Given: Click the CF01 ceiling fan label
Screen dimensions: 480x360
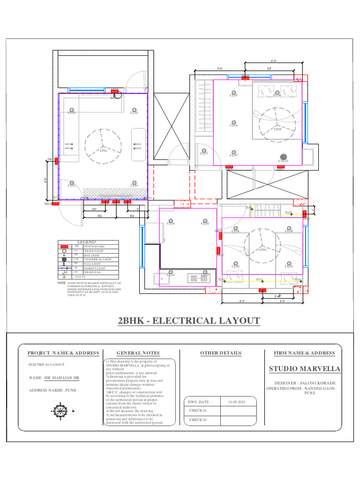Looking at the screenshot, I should pyautogui.click(x=103, y=151).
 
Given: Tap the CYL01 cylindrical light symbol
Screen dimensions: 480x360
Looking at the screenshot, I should pyautogui.click(x=283, y=157).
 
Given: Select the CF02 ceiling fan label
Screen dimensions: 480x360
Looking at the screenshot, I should pyautogui.click(x=278, y=129).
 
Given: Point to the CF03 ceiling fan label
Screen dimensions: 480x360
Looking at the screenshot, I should pyautogui.click(x=263, y=250).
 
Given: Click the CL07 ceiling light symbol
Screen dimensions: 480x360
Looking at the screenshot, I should pyautogui.click(x=204, y=153).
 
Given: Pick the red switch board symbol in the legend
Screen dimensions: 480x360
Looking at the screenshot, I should pyautogui.click(x=64, y=246).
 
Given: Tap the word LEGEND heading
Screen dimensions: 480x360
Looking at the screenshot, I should pyautogui.click(x=86, y=242).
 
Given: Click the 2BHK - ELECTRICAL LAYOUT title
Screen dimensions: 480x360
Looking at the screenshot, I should pyautogui.click(x=188, y=321).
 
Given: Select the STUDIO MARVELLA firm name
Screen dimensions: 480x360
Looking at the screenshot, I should pyautogui.click(x=305, y=369).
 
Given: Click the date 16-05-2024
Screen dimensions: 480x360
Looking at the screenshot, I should pyautogui.click(x=236, y=402).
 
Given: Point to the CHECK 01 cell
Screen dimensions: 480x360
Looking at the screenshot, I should pyautogui.click(x=198, y=411).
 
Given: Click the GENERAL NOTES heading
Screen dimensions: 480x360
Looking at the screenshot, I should pyautogui.click(x=138, y=353).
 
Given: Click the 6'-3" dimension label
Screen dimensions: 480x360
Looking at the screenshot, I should pyautogui.click(x=274, y=61).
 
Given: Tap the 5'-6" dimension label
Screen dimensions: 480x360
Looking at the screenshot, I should pyautogui.click(x=220, y=69).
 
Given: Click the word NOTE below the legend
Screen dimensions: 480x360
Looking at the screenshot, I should pyautogui.click(x=61, y=283).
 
